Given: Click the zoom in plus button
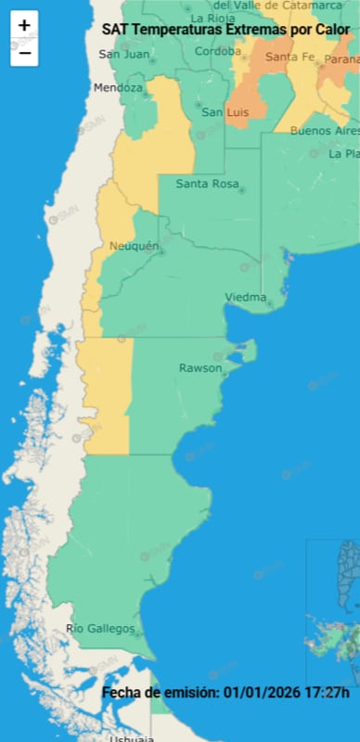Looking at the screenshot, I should coord(24,26).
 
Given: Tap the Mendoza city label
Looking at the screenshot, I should coord(118,88).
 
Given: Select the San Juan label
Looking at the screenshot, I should coord(123,54).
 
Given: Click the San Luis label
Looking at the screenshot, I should coord(225,112).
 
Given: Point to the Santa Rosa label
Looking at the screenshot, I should coord(207,184).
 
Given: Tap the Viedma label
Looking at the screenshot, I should coord(245,297).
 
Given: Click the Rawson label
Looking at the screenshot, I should coord(200,368).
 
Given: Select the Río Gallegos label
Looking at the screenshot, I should coord(100,630).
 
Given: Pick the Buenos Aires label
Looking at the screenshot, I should coord(325,131).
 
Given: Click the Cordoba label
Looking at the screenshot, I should coord(218,51).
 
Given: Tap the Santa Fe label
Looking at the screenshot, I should coord(288,58).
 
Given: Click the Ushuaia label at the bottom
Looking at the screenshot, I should coord(131,738).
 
